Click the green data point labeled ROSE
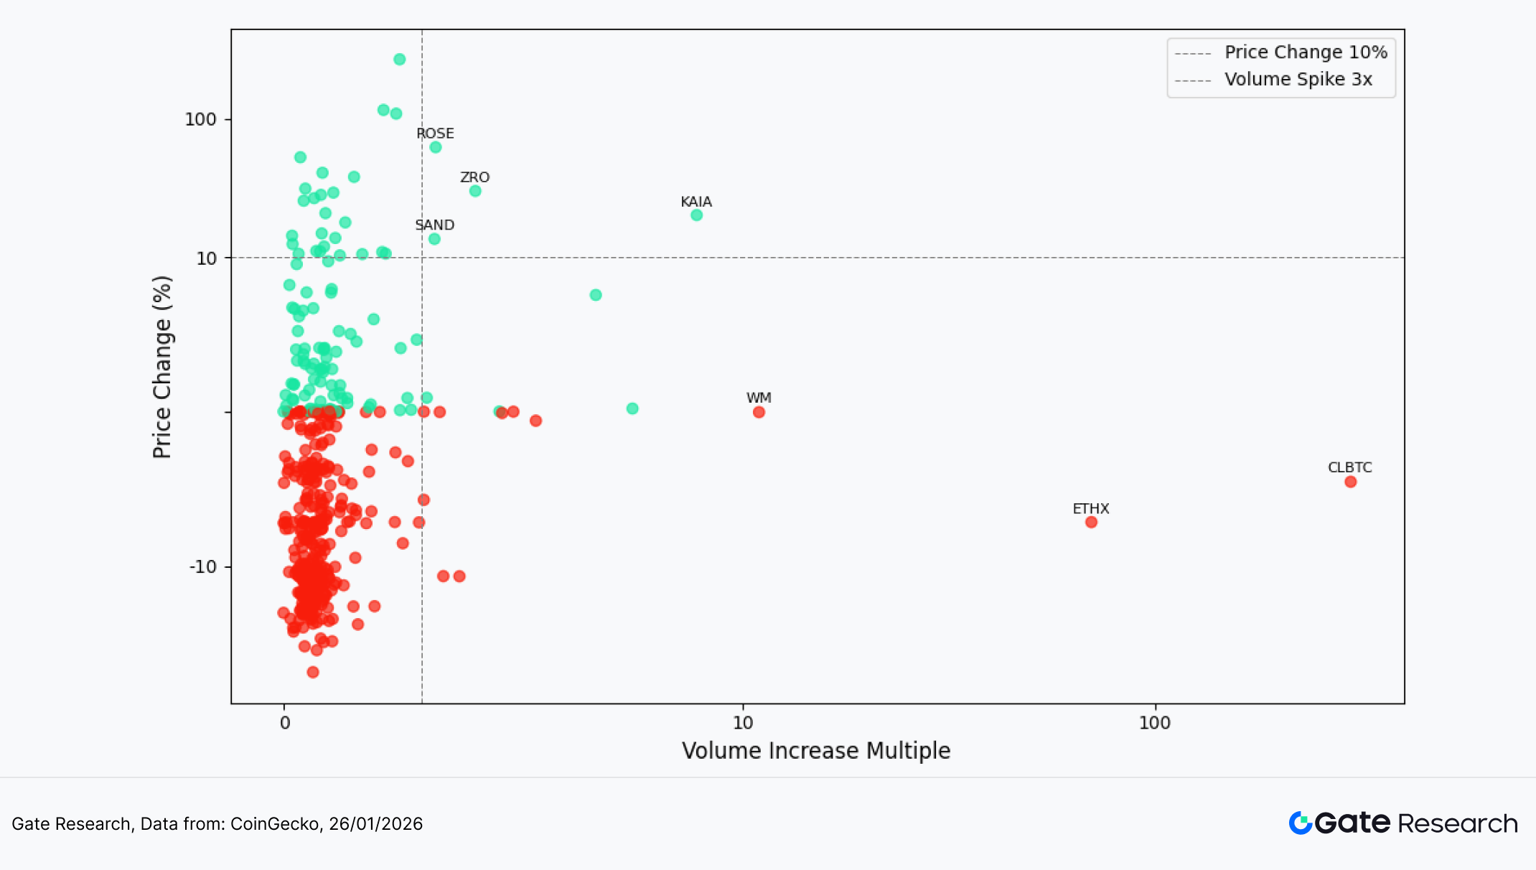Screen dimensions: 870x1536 pos(436,147)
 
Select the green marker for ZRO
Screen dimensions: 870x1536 pos(475,191)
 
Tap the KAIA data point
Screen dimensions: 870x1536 pos(696,215)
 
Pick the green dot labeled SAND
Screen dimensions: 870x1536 pos(434,239)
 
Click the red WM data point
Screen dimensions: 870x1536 pos(759,412)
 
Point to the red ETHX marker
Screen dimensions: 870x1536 pos(1091,523)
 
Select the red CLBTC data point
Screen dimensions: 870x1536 pos(1351,482)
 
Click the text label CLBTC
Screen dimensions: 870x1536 pos(1349,467)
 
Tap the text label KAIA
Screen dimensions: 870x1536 pos(696,202)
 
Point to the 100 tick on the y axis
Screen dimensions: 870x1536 pos(200,120)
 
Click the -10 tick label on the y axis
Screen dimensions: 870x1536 pos(202,567)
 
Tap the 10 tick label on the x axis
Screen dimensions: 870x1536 pos(743,723)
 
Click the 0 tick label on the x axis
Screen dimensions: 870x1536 pos(285,723)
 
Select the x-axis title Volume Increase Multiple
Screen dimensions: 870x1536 pos(816,751)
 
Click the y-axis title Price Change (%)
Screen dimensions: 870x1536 pos(162,367)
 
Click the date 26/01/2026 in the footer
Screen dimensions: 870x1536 pos(375,824)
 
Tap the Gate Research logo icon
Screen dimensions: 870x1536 pos(1301,823)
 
